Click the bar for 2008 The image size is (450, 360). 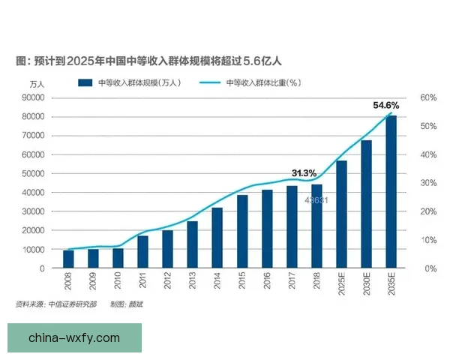(x=68, y=259)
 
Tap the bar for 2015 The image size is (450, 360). (x=242, y=231)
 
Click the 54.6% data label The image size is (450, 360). (x=386, y=106)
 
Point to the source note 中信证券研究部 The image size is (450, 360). (x=71, y=304)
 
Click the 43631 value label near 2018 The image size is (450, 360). (x=316, y=200)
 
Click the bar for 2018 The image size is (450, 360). (x=317, y=226)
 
